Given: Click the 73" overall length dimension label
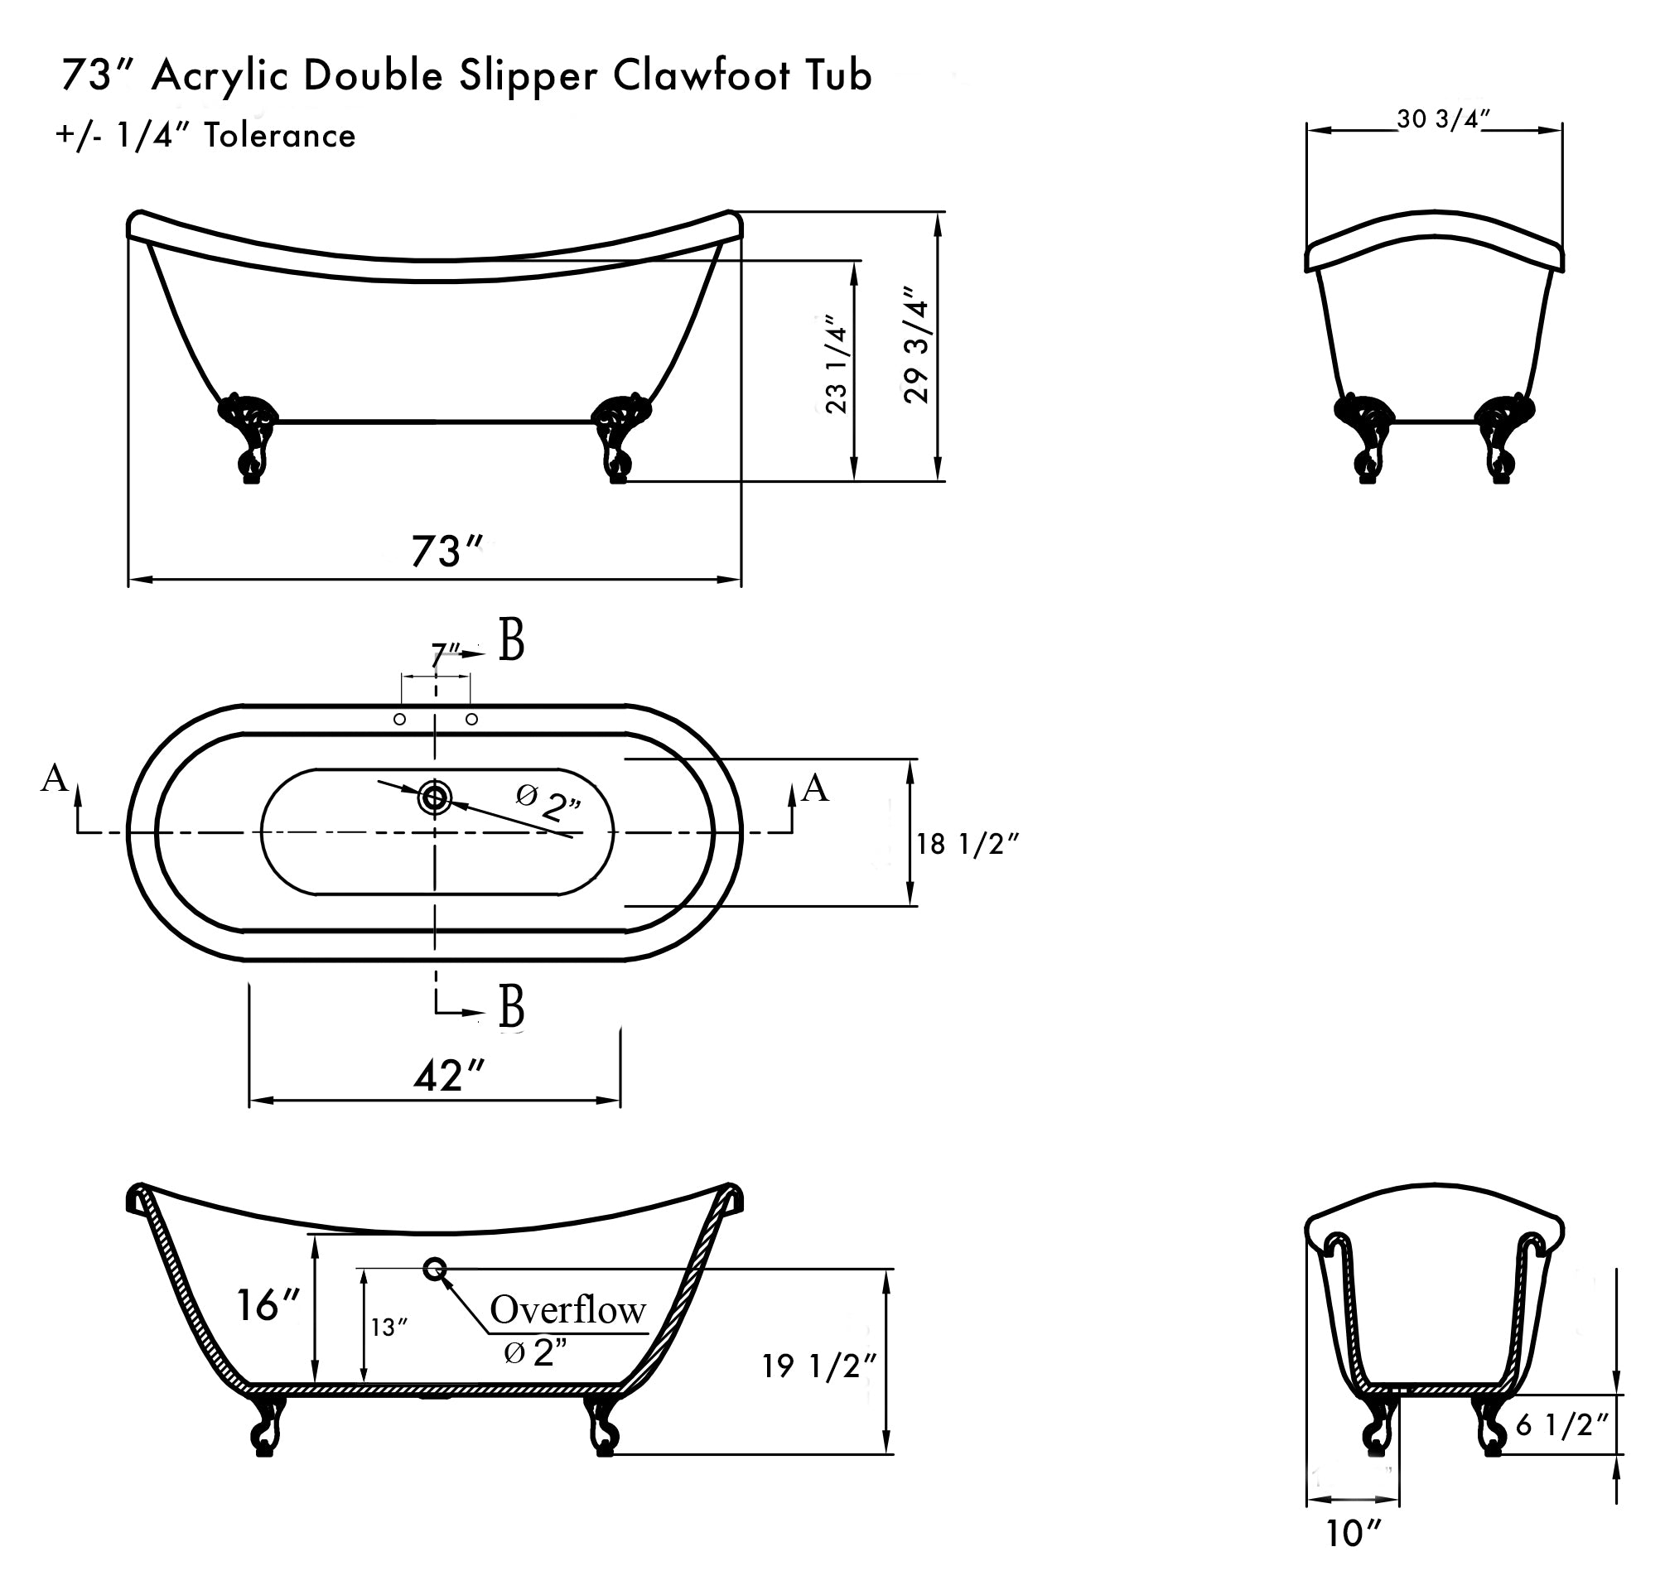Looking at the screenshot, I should point(446,552).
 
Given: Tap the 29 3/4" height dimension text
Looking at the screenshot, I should point(918,345).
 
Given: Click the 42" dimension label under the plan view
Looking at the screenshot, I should point(448,1076).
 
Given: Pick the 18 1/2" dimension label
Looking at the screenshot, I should point(967,843).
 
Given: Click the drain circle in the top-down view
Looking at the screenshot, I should point(435,797).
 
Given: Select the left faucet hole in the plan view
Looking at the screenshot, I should point(399,720).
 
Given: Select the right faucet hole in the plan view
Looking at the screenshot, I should point(472,720).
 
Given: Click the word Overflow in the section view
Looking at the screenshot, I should point(567,1309).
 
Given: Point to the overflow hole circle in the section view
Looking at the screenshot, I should point(435,1269).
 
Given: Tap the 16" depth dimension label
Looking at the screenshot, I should point(268,1305).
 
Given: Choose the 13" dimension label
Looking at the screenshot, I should point(389,1327).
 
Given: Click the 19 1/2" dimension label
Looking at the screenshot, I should point(818,1366).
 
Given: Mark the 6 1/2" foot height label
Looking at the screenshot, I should point(1561,1424).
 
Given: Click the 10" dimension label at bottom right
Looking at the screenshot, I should point(1354,1533).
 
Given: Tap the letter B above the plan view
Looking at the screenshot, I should point(511,641).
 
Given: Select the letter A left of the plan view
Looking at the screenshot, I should point(55,777).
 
